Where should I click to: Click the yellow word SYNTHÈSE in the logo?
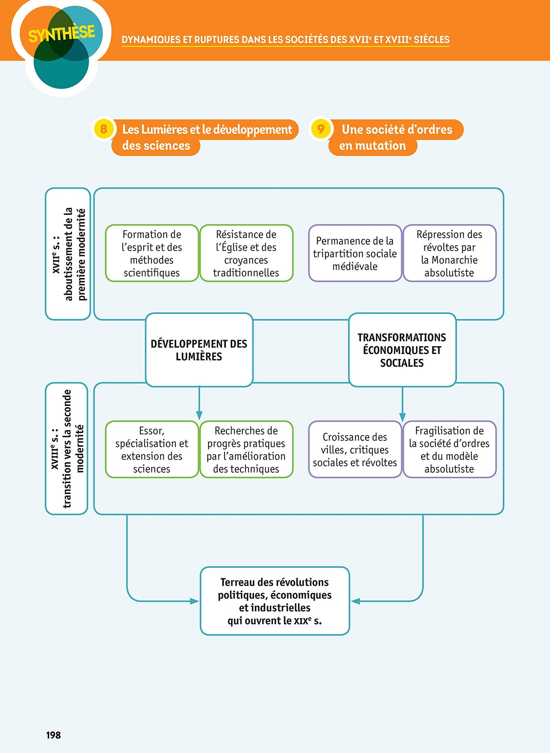pyautogui.click(x=61, y=34)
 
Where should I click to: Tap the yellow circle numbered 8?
pyautogui.click(x=103, y=129)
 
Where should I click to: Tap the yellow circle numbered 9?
pyautogui.click(x=320, y=129)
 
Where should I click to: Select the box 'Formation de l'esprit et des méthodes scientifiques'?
pyautogui.click(x=151, y=253)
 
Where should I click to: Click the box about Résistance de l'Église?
pyautogui.click(x=246, y=253)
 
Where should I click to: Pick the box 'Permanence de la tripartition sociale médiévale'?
pyautogui.click(x=355, y=253)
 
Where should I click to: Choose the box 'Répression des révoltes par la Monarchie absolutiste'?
pyautogui.click(x=449, y=253)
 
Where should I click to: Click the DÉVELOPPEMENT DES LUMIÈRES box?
pyautogui.click(x=199, y=350)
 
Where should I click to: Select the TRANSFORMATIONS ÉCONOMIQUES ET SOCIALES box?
pyautogui.click(x=402, y=350)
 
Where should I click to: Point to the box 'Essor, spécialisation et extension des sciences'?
pyautogui.click(x=151, y=449)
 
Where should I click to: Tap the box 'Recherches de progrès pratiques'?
pyautogui.click(x=246, y=449)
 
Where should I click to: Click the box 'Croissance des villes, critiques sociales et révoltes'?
pyautogui.click(x=355, y=449)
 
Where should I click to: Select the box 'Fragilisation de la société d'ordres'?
pyautogui.click(x=449, y=449)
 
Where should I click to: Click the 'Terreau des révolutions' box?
pyautogui.click(x=274, y=601)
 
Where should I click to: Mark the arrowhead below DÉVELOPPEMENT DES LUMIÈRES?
pyautogui.click(x=199, y=416)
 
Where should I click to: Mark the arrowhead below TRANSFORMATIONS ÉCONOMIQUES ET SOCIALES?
pyautogui.click(x=402, y=417)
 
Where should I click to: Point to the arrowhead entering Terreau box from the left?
pyautogui.click(x=194, y=601)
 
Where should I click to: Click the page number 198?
pyautogui.click(x=53, y=735)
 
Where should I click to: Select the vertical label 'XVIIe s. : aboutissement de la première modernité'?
pyautogui.click(x=68, y=254)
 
